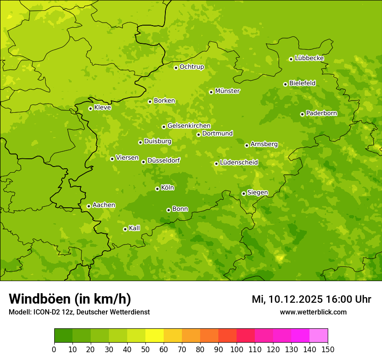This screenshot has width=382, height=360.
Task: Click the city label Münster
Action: pyautogui.click(x=227, y=91)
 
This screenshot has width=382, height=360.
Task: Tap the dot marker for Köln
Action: pyautogui.click(x=157, y=189)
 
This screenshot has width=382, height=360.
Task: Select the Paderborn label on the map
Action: pyautogui.click(x=321, y=113)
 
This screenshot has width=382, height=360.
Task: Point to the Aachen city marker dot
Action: pyautogui.click(x=89, y=206)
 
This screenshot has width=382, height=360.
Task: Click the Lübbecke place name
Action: pyautogui.click(x=309, y=58)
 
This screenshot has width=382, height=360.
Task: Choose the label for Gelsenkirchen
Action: pyautogui.click(x=189, y=126)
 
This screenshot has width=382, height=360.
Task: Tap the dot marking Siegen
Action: pyautogui.click(x=244, y=193)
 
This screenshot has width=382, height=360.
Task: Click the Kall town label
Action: pyautogui.click(x=134, y=228)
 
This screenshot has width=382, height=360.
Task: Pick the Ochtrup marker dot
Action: pyautogui.click(x=176, y=68)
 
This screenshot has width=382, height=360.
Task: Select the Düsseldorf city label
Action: pyautogui.click(x=163, y=160)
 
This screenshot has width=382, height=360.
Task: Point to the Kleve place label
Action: pyautogui.click(x=102, y=108)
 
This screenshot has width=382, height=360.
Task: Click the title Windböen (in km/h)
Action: pyautogui.click(x=69, y=299)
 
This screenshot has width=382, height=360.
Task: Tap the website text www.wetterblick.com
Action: pyautogui.click(x=313, y=312)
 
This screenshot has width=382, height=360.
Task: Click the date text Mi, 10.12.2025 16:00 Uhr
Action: pyautogui.click(x=311, y=299)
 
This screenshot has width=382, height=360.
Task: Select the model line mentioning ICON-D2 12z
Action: pyautogui.click(x=79, y=312)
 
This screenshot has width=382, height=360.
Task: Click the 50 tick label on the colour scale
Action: pyautogui.click(x=145, y=349)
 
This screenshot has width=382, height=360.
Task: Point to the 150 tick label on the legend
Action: pyautogui.click(x=328, y=349)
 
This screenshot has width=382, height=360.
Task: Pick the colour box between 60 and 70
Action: pyautogui.click(x=173, y=336)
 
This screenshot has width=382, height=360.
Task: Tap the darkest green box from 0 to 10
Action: pyautogui.click(x=63, y=336)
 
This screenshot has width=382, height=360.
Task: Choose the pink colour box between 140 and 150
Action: pyautogui.click(x=319, y=336)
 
